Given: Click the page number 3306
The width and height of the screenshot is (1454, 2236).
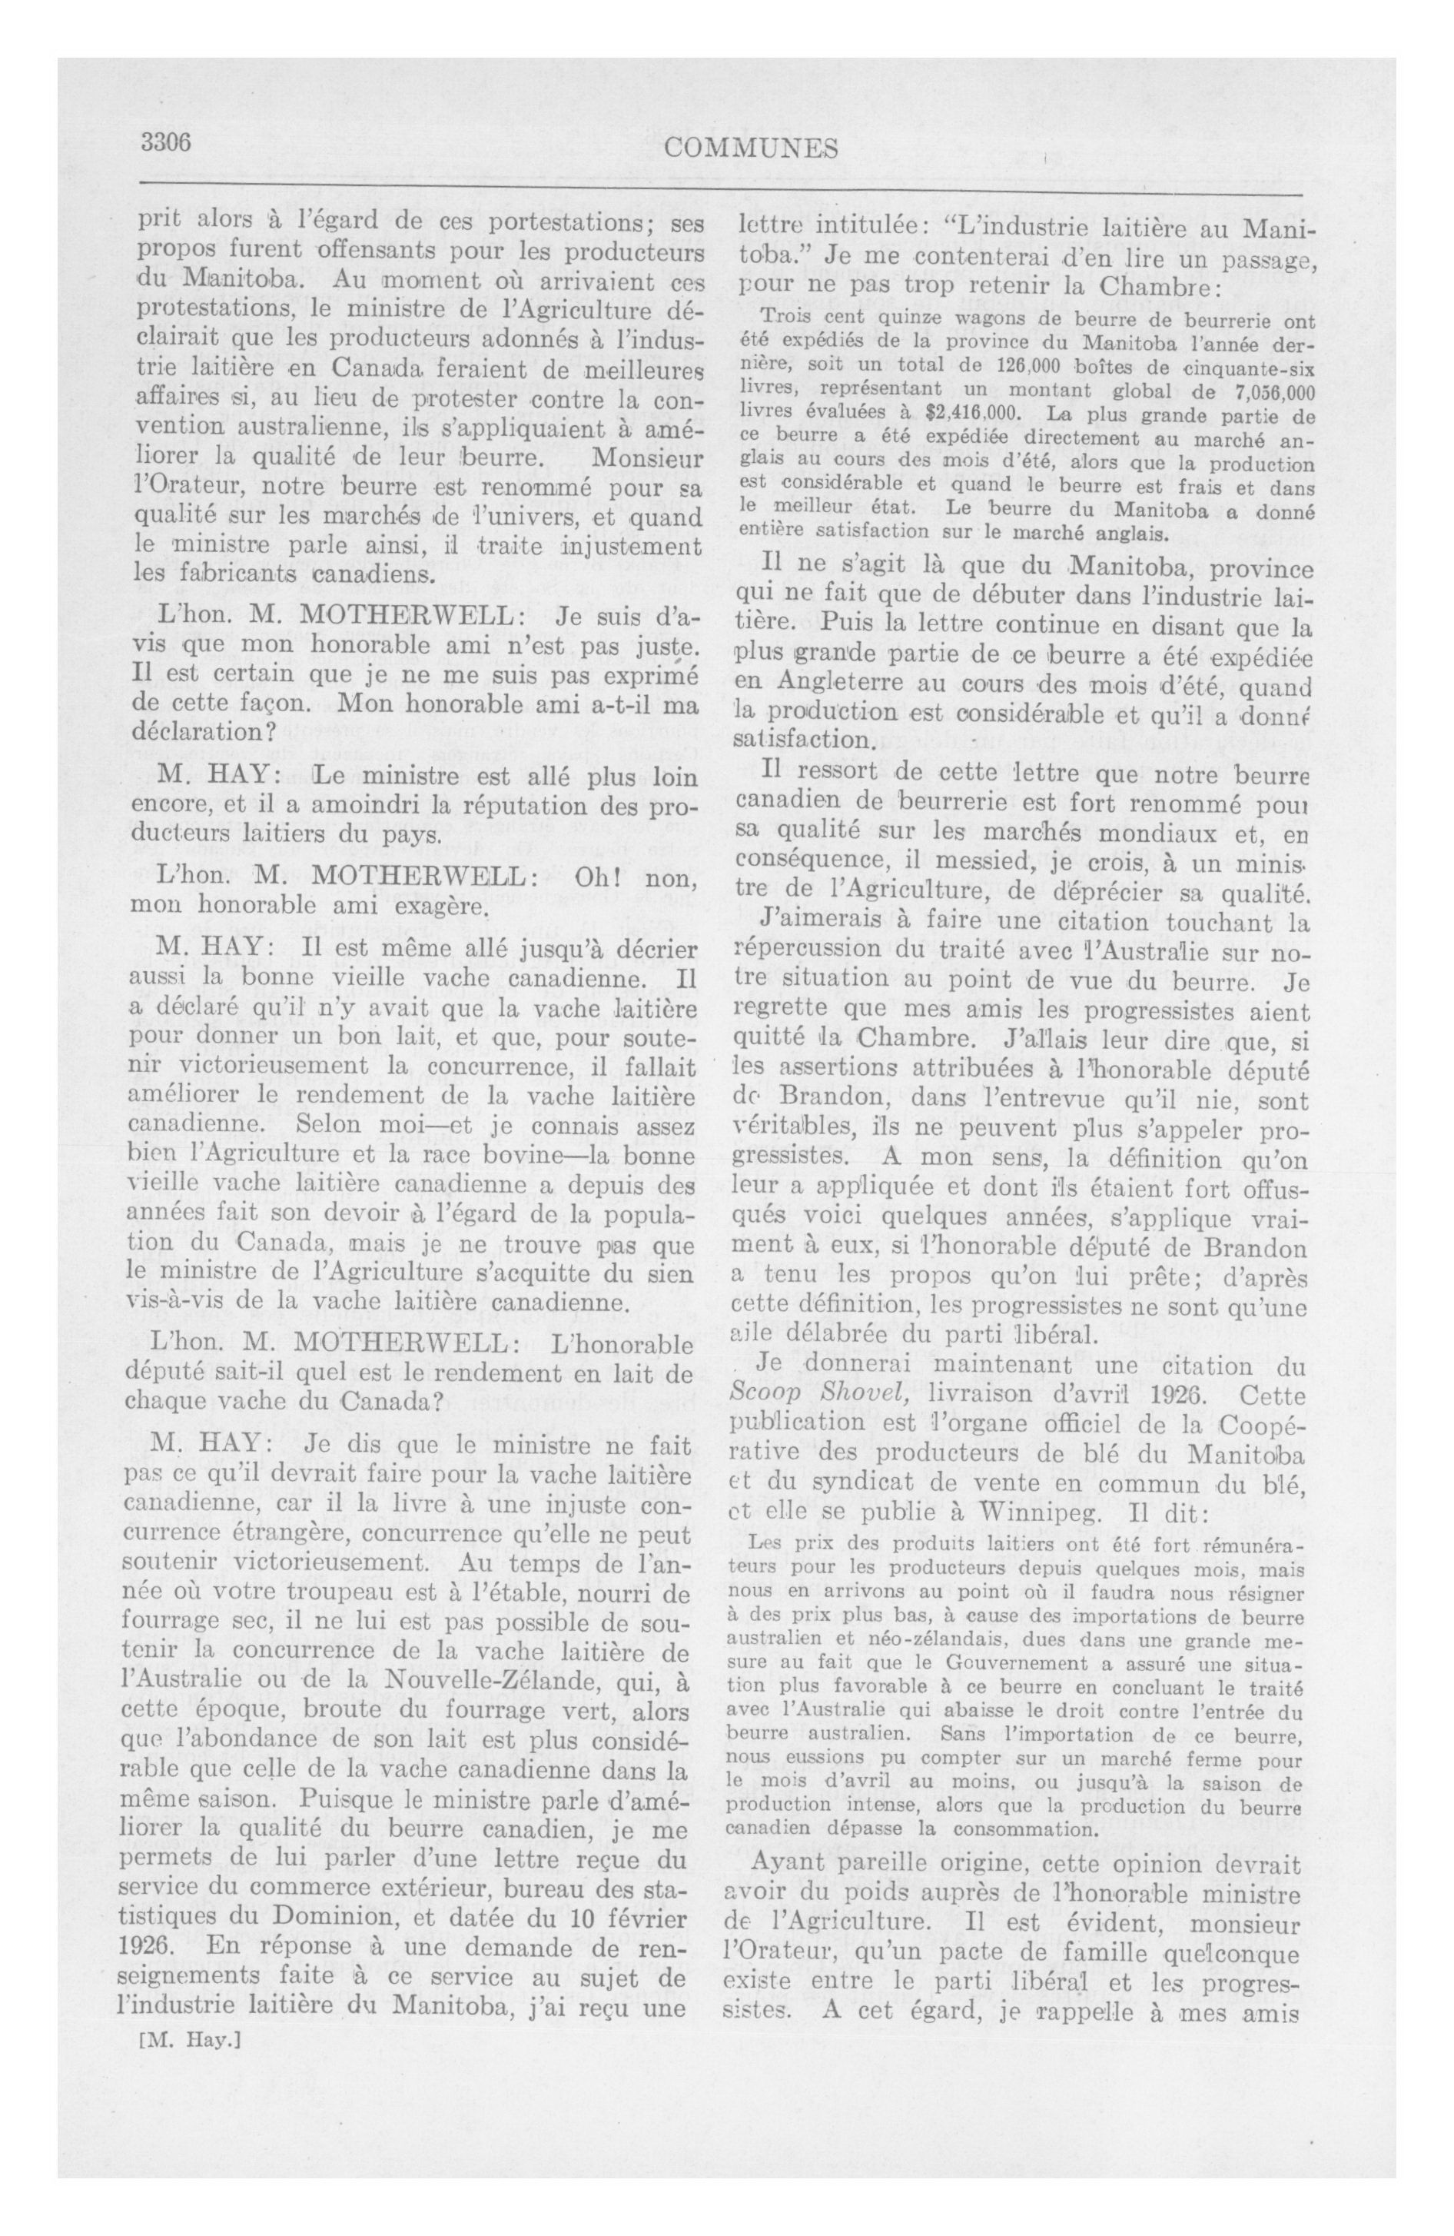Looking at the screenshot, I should (x=166, y=143).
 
